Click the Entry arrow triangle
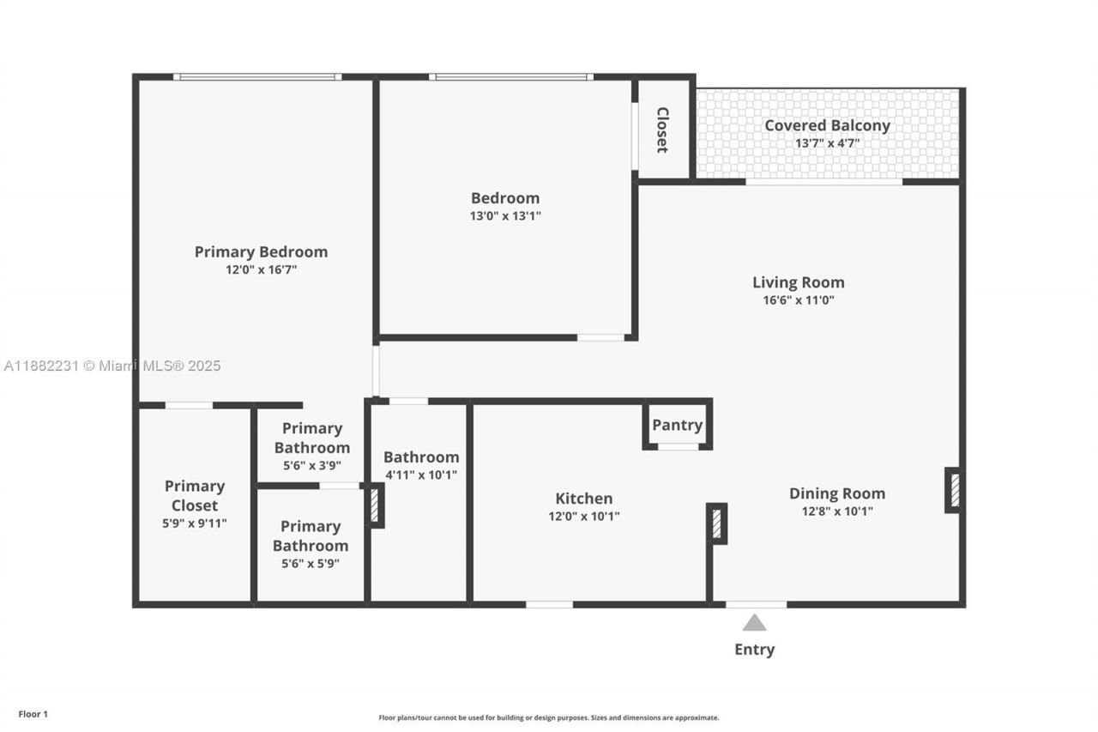pyautogui.click(x=754, y=623)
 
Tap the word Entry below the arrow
pyautogui.click(x=754, y=650)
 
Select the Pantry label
pyautogui.click(x=677, y=425)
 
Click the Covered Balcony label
pyautogui.click(x=827, y=125)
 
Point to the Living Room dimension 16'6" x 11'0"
pyautogui.click(x=798, y=300)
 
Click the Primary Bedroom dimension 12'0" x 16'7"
pyautogui.click(x=261, y=269)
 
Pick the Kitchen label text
pyautogui.click(x=583, y=499)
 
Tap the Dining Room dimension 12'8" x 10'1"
pyautogui.click(x=836, y=511)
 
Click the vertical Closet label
pyautogui.click(x=663, y=130)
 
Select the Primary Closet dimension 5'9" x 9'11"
pyautogui.click(x=195, y=523)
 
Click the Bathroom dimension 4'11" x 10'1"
pyautogui.click(x=420, y=475)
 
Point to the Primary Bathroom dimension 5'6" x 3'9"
pyautogui.click(x=311, y=466)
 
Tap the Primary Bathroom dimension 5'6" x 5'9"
pyautogui.click(x=311, y=564)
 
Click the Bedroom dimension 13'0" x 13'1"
pyautogui.click(x=505, y=216)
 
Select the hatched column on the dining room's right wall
pyautogui.click(x=953, y=490)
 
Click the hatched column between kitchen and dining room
pyautogui.click(x=717, y=523)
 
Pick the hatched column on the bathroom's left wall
pyautogui.click(x=375, y=505)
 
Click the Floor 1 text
pyautogui.click(x=33, y=714)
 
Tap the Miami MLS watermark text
pyautogui.click(x=112, y=366)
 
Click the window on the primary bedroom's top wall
pyautogui.click(x=257, y=77)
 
